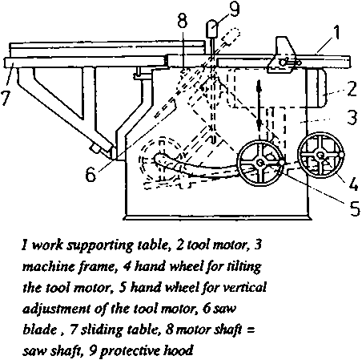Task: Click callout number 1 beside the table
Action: coord(336,33)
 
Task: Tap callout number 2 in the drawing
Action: coord(352,89)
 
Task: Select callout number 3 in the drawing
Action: coord(352,117)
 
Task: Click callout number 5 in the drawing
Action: coord(355,208)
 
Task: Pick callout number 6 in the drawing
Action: coord(90,174)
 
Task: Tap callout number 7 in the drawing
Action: coord(6,99)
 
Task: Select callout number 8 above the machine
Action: coord(183,21)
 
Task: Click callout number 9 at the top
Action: coord(234,9)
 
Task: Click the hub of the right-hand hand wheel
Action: coord(320,154)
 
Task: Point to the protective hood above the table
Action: coord(212,29)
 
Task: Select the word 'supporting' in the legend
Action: coord(99,245)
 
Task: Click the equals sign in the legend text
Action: coord(250,330)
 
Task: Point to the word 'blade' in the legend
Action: coord(39,330)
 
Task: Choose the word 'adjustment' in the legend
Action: coord(57,309)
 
